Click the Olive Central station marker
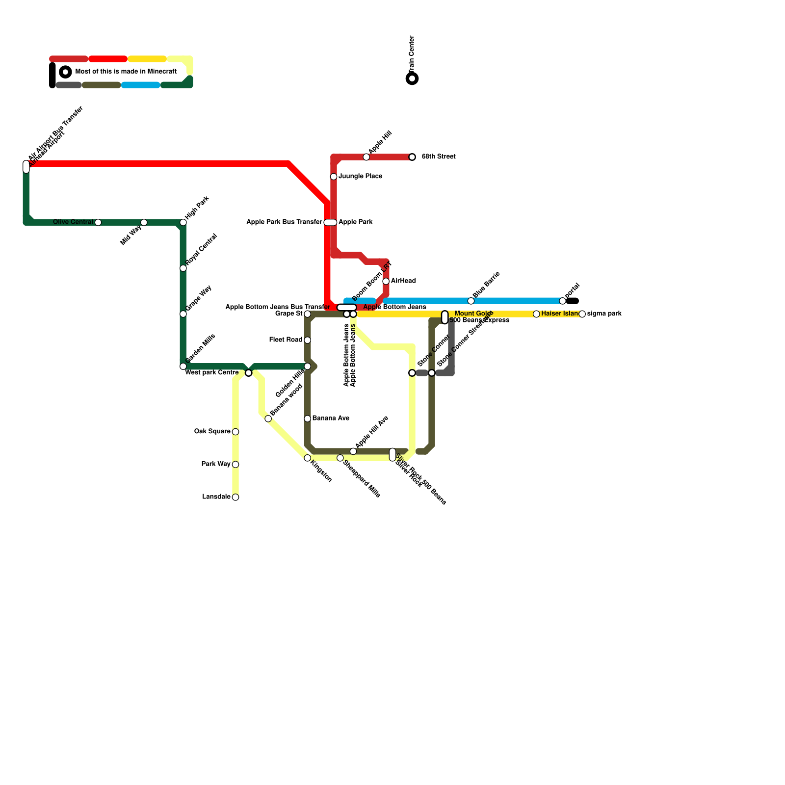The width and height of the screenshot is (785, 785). [98, 223]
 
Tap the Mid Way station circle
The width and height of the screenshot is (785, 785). [144, 223]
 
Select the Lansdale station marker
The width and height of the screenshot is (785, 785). [235, 497]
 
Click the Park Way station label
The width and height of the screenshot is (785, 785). [216, 464]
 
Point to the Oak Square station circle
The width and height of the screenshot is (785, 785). [235, 432]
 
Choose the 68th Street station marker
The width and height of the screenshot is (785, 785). [412, 157]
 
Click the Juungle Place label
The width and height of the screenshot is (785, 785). [361, 176]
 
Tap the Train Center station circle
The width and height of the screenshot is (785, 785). [413, 78]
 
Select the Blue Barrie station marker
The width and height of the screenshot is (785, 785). [471, 301]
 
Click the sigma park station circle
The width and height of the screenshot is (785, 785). [582, 314]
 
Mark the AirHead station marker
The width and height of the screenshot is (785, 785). [386, 281]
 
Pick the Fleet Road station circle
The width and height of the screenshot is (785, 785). [308, 340]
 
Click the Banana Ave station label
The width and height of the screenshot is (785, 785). [331, 419]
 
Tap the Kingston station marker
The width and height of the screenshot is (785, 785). [308, 458]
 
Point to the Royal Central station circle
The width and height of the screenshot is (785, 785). [183, 268]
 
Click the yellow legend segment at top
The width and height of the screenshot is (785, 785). [147, 59]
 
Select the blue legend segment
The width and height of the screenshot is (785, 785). [141, 85]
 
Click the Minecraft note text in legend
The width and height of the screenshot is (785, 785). [126, 72]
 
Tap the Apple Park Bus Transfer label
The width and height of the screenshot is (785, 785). [284, 222]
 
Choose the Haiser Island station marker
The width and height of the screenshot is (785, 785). [536, 314]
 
